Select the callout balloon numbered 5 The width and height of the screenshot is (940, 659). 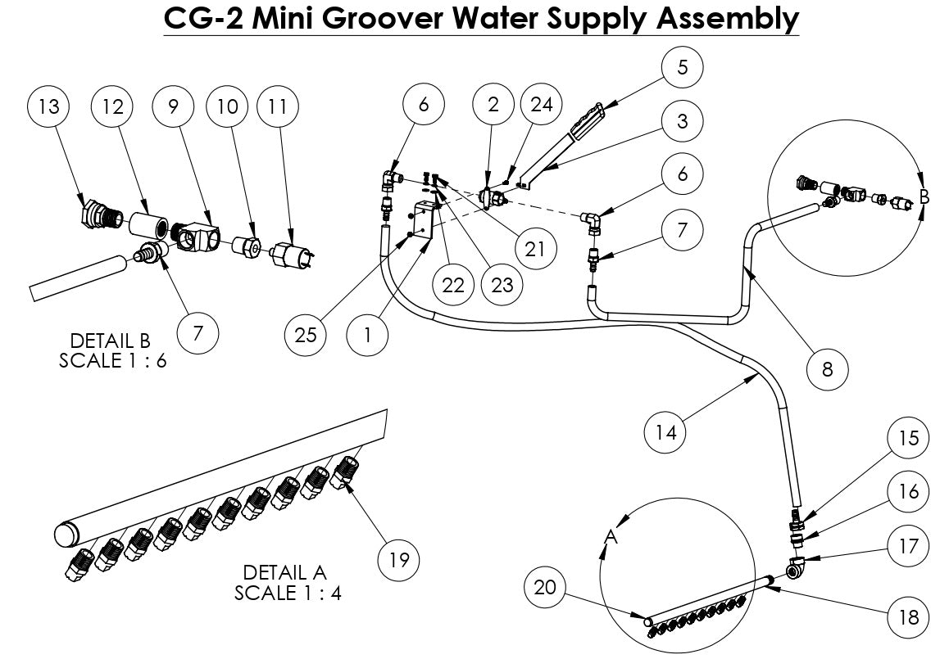pyautogui.click(x=683, y=68)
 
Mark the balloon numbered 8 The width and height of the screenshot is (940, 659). pyautogui.click(x=827, y=369)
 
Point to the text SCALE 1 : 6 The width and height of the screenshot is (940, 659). pyautogui.click(x=112, y=361)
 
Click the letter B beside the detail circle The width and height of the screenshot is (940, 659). pyautogui.click(x=924, y=197)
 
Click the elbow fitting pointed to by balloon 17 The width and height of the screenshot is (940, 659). pyautogui.click(x=796, y=566)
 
